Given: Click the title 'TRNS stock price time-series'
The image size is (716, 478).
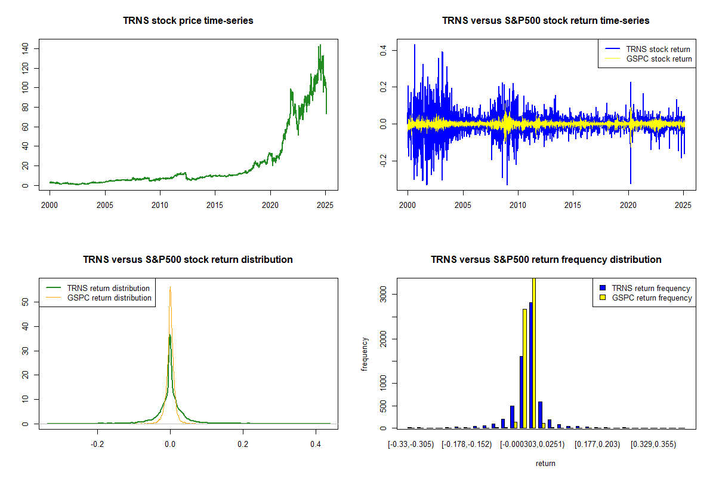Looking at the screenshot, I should click(x=188, y=20).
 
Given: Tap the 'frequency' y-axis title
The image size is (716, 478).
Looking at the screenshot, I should click(x=365, y=354).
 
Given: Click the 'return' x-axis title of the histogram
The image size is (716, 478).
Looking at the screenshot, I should click(x=545, y=463).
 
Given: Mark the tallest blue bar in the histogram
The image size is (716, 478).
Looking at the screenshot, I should click(x=530, y=365).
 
